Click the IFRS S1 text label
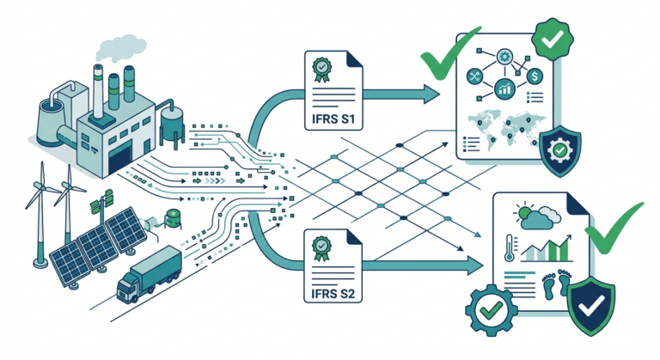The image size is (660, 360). [x=333, y=118]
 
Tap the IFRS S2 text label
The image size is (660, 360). [x=333, y=292]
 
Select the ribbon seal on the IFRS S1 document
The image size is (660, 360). [x=321, y=70]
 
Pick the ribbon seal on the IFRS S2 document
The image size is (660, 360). [x=321, y=248]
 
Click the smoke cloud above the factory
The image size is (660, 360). [x=120, y=47]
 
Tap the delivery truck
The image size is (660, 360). [x=149, y=275]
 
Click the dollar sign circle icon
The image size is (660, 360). [x=535, y=76]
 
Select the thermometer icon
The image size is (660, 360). [x=510, y=247]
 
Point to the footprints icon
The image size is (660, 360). [x=556, y=284]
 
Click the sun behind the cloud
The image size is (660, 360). [x=523, y=211]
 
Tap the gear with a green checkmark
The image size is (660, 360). [x=491, y=310]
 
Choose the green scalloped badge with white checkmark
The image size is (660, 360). [x=553, y=40]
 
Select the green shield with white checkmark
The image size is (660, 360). [x=591, y=306]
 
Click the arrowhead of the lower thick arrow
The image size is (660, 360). [x=475, y=265]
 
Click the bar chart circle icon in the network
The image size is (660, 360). [x=504, y=89]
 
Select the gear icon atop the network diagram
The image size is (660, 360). [x=504, y=57]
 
